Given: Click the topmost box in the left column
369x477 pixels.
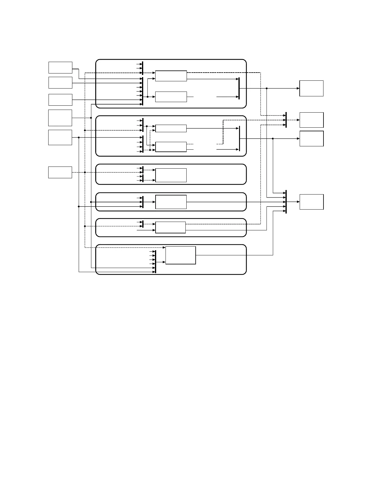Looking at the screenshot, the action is pos(60,67).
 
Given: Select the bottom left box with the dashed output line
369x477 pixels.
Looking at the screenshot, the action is pos(60,172).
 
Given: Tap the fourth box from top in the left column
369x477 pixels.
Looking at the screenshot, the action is pos(60,118).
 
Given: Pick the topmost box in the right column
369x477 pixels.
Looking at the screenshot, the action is pos(311,88).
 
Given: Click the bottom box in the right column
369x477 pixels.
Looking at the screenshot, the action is pos(311,202).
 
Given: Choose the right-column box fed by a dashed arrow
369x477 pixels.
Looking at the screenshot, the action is pos(311,120).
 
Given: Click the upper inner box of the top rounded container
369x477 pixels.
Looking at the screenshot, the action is pos(171,76).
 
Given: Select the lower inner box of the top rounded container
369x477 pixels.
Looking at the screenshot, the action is pos(171,97).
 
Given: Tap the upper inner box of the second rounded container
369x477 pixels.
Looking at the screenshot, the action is pos(171,128).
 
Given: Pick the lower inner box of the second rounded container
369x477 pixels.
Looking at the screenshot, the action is pos(171,147).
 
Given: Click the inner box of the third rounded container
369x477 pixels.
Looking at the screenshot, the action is pos(171,175).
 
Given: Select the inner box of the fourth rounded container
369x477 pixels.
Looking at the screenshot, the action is pos(171,202).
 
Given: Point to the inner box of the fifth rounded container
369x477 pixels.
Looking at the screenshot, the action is pos(170,227).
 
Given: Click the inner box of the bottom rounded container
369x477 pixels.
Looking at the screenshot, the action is pos(181,255).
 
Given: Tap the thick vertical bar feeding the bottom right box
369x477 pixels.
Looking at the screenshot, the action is pos(286,202).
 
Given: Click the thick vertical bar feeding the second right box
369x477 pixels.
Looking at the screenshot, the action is pos(286,120).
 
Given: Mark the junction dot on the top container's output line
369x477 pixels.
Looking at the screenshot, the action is pos(267,88).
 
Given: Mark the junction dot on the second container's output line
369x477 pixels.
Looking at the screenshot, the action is pos(273,139).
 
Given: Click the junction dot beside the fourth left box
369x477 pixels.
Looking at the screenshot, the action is pos(91,118).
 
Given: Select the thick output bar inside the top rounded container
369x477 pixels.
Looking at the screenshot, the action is pos(239,88).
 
